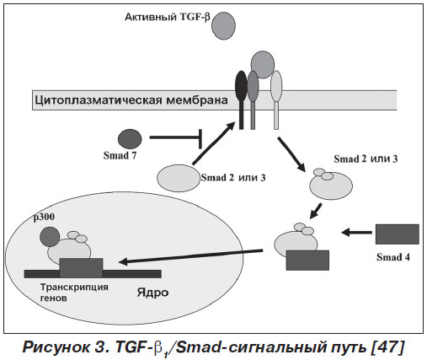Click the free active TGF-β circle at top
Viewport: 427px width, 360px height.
[x=223, y=25]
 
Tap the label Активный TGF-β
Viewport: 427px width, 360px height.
[x=168, y=17]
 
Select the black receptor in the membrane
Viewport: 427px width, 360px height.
[x=241, y=99]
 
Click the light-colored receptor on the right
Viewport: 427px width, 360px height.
[x=276, y=99]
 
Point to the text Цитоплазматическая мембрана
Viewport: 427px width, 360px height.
[x=131, y=100]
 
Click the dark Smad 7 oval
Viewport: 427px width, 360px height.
[x=130, y=139]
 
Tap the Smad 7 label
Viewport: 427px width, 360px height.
[x=120, y=155]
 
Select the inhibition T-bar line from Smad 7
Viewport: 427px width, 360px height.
[x=176, y=137]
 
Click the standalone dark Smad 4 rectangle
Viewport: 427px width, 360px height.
[x=398, y=234]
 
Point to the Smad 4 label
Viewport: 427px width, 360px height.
[x=393, y=257]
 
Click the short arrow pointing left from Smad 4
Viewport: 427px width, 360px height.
[x=356, y=233]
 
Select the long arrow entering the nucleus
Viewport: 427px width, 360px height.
[x=190, y=256]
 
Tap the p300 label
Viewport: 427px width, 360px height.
[x=44, y=218]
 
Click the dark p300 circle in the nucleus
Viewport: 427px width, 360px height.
[x=50, y=236]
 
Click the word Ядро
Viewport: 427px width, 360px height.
[x=152, y=293]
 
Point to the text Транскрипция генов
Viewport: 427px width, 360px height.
[x=74, y=293]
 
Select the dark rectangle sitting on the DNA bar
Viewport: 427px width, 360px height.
[x=81, y=267]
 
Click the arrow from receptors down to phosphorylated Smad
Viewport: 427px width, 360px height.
[x=291, y=154]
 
